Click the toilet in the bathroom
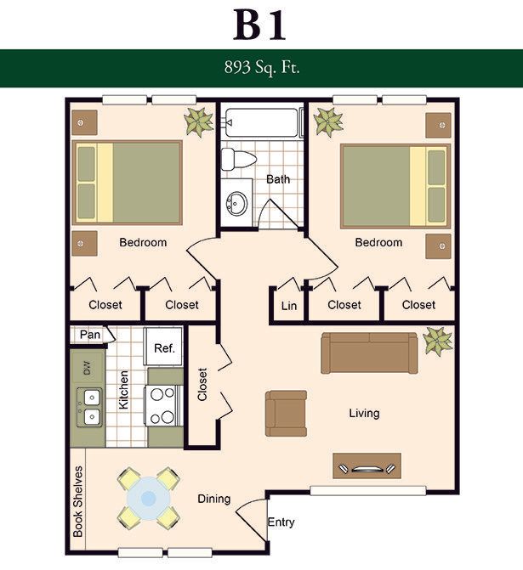(x=239, y=159)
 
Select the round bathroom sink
(x=237, y=203)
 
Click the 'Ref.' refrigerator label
(x=164, y=348)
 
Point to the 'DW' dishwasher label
(x=87, y=368)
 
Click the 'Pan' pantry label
(x=90, y=334)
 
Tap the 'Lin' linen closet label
(x=289, y=306)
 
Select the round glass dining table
(x=148, y=498)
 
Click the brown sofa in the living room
(x=369, y=353)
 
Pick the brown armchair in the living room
(x=286, y=414)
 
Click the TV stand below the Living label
(x=367, y=466)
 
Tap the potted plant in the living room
(x=437, y=341)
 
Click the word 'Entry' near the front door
(x=281, y=522)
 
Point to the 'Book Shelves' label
(x=78, y=501)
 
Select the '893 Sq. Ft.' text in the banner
(x=262, y=68)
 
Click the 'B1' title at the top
(x=259, y=25)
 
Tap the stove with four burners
(x=163, y=406)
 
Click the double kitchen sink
(x=89, y=407)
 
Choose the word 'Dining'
(x=214, y=499)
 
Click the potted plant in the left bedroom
(x=199, y=121)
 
